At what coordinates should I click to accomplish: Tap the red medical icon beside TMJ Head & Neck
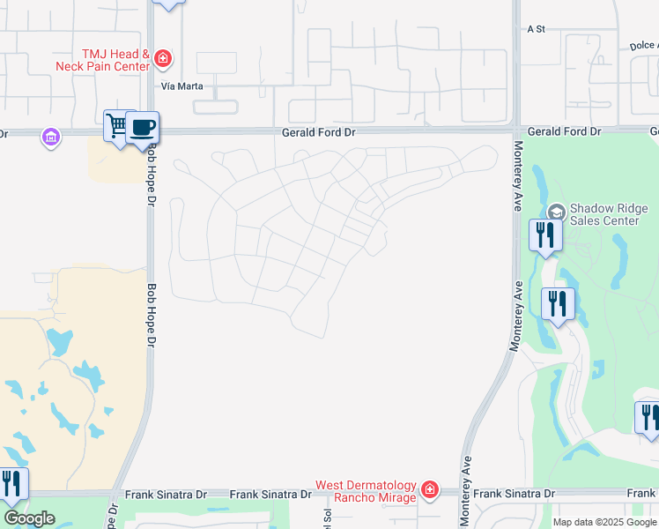163,59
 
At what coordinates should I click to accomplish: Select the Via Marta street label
182,86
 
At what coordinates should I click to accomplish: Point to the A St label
537,29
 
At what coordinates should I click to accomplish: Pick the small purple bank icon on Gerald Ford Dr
50,136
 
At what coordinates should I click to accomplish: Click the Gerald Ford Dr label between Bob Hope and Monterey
318,131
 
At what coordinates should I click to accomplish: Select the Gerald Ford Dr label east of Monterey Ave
564,131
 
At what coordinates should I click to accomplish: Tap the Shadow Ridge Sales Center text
604,214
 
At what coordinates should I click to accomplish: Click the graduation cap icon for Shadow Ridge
556,212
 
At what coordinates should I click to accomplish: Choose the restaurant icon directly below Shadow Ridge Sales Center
544,235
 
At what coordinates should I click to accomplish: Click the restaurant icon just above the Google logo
12,484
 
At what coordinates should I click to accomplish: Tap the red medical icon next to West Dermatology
429,488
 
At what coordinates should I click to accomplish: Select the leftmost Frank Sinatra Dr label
166,495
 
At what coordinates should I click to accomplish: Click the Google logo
29,518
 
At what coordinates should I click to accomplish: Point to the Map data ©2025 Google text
603,522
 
